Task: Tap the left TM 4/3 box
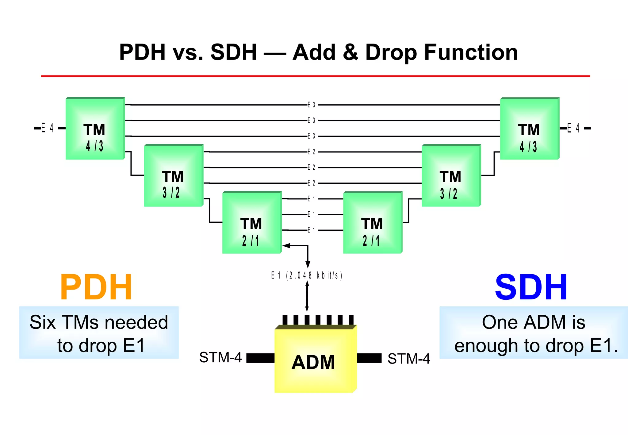pyautogui.click(x=95, y=129)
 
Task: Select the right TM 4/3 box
pyautogui.click(x=530, y=129)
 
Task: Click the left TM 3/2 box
pyautogui.click(x=173, y=176)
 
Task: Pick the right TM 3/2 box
pyautogui.click(x=451, y=176)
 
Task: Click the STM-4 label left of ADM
pyautogui.click(x=220, y=357)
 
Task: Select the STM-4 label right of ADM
pyautogui.click(x=408, y=359)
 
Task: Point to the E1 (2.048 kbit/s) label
pyautogui.click(x=306, y=275)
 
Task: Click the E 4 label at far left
pyautogui.click(x=47, y=128)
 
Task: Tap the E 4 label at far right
pyautogui.click(x=573, y=128)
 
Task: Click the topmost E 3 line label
pyautogui.click(x=311, y=105)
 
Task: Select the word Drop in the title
pyautogui.click(x=391, y=52)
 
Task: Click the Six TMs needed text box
pyautogui.click(x=99, y=333)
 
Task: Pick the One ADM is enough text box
pyautogui.click(x=534, y=333)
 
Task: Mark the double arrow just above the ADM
pyautogui.click(x=307, y=296)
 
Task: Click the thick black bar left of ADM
pyautogui.click(x=260, y=358)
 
